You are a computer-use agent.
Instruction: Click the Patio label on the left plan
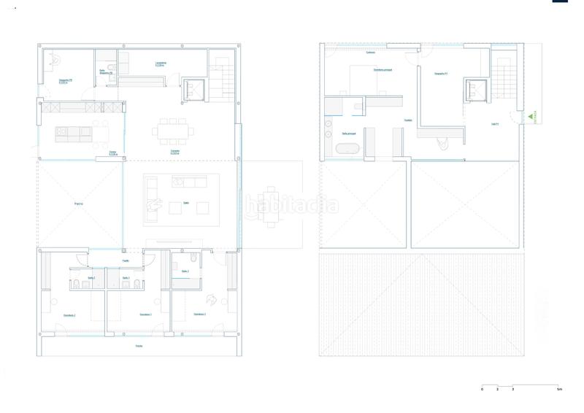[x=78, y=204]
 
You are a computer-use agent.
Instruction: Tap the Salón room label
[x=185, y=203]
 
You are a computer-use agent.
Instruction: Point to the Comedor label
[x=175, y=153]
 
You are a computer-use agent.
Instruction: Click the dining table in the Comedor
[x=173, y=132]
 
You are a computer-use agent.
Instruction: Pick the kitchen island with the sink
[x=74, y=134]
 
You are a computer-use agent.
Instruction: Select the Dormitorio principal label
[x=383, y=70]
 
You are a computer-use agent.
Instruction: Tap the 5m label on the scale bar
[x=559, y=390]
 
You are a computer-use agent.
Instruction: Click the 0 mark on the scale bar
[x=482, y=390]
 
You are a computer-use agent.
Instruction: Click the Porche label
[x=139, y=345]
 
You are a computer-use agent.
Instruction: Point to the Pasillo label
[x=126, y=260]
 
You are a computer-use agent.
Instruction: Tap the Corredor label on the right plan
[x=370, y=52]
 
